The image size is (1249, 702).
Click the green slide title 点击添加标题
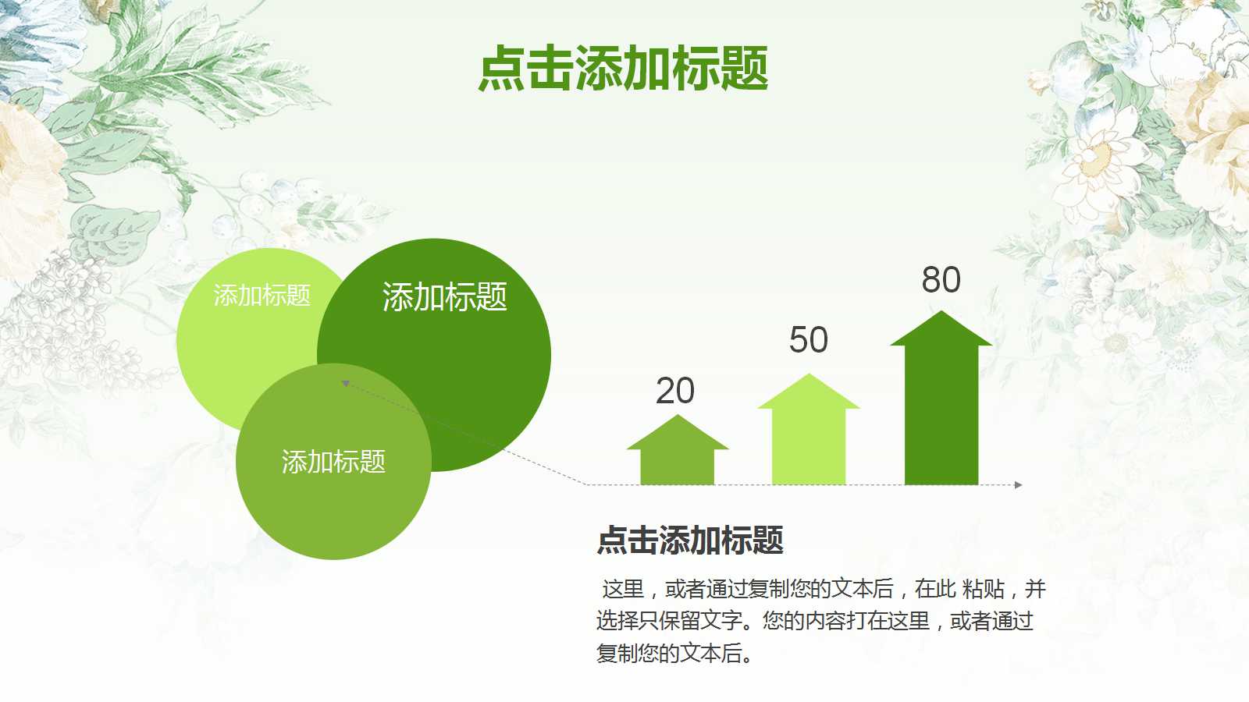point(624,68)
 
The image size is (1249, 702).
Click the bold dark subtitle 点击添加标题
point(690,539)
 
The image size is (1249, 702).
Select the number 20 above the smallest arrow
point(675,391)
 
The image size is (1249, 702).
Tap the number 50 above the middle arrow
point(809,339)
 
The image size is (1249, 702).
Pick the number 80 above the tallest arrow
point(941,279)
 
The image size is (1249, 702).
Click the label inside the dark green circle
point(444,296)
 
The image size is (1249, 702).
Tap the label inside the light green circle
point(262,296)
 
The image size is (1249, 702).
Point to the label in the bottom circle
point(333,462)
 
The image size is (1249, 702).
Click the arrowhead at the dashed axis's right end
point(1018,484)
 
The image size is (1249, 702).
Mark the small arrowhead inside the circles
point(346,383)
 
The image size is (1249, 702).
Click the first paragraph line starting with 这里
point(824,589)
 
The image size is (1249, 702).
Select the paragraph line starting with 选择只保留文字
point(815,621)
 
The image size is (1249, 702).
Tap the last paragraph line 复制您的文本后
point(674,653)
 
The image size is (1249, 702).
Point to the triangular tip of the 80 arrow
point(941,311)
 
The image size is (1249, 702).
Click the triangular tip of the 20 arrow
point(678,416)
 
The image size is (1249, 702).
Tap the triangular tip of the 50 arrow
point(809,374)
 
